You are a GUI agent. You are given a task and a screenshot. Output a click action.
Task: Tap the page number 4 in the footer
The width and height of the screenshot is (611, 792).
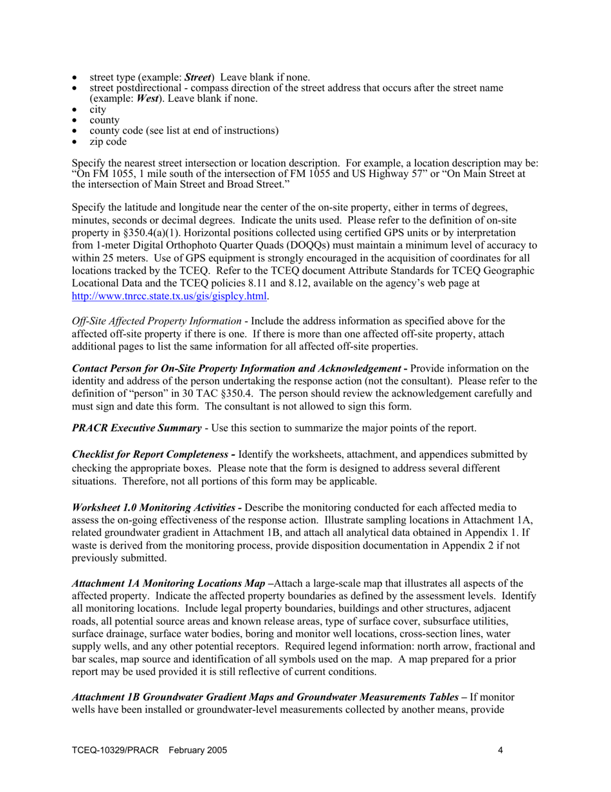500,750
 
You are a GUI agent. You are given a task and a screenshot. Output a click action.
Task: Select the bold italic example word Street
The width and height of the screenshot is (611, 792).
198,79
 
